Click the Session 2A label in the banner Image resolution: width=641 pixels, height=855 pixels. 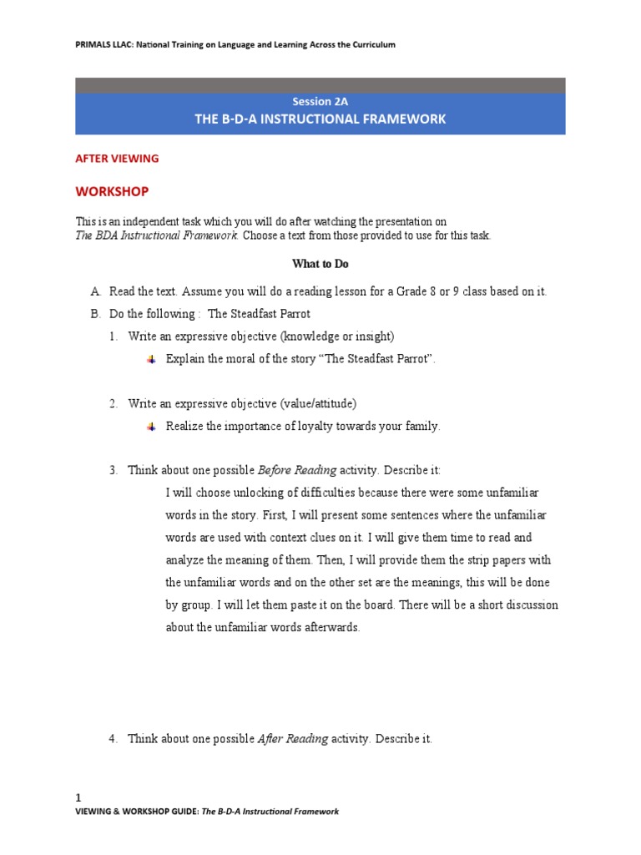320,101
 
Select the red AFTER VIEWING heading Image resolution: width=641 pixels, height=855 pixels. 117,158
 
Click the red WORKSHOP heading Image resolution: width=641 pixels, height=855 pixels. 112,191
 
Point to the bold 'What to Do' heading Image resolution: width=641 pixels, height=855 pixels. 320,264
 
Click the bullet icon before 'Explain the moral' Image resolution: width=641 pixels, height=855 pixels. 151,359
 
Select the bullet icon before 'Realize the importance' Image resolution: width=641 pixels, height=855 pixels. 151,427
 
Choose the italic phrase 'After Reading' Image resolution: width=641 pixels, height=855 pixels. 293,740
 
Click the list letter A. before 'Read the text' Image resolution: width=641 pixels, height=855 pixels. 95,291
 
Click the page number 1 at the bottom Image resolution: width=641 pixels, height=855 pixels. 78,798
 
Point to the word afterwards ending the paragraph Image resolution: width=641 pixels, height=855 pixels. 332,627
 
